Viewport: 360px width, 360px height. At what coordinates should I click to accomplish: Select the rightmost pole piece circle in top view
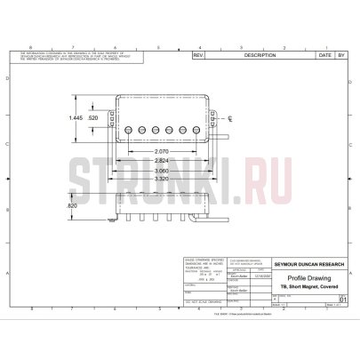(x=193, y=129)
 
